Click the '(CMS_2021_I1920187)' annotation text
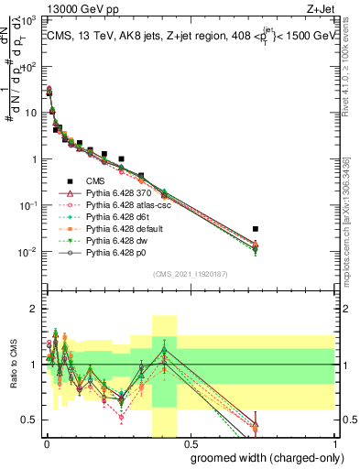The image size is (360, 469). [190, 274]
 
